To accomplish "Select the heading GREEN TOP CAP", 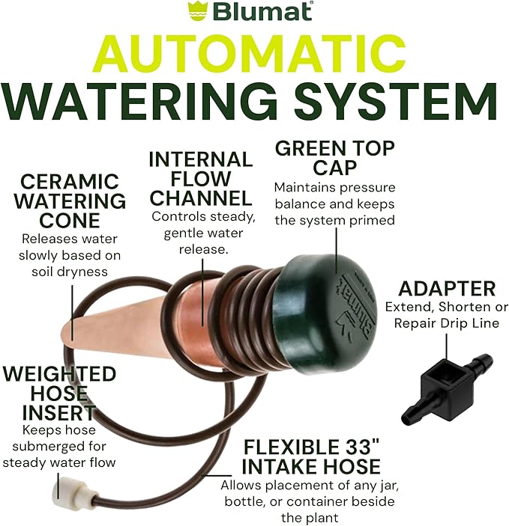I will [334, 157].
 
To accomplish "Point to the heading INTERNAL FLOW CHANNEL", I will [200, 179].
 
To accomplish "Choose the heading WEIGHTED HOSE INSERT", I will [59, 392].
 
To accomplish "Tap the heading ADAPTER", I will [447, 288].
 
